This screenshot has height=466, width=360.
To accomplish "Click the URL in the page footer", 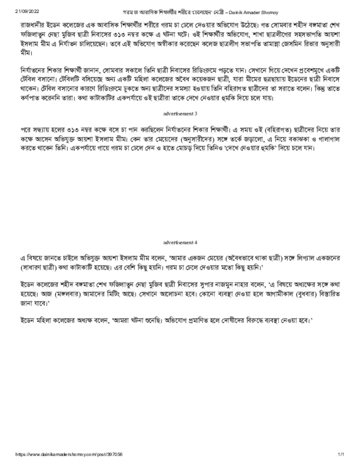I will point(69,455).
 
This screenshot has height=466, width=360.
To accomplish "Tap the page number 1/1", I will point(340,455).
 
